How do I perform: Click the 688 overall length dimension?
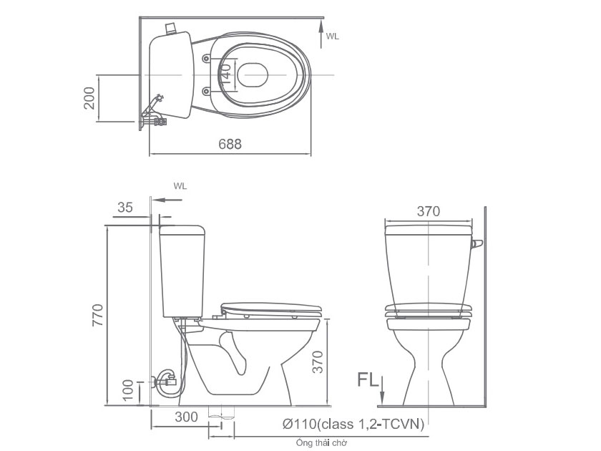point(230,143)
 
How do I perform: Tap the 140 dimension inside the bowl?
point(225,73)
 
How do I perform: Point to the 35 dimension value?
point(125,208)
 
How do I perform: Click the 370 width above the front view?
point(427,211)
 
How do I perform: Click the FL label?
point(368,379)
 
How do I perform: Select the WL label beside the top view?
point(332,36)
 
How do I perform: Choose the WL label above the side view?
point(180,185)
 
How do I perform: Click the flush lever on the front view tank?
point(477,245)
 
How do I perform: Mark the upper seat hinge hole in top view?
point(206,57)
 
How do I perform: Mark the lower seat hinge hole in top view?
point(206,90)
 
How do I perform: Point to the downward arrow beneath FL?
point(383,392)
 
